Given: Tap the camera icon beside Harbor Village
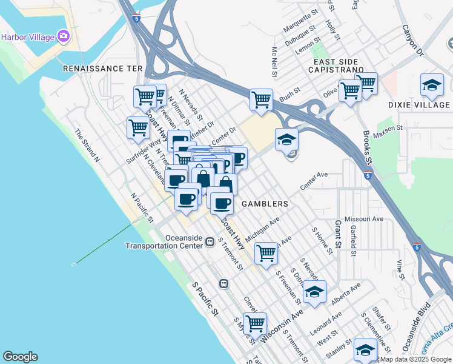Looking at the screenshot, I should [64, 36].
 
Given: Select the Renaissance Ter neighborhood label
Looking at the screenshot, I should [102, 69].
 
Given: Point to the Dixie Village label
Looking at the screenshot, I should [419, 105].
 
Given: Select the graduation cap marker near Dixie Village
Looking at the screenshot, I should [431, 85].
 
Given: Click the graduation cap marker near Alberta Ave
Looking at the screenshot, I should [314, 292].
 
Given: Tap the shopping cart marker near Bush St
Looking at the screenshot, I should [261, 99].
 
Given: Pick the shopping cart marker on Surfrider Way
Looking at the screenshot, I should [139, 129].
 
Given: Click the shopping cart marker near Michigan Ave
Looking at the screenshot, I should [266, 253].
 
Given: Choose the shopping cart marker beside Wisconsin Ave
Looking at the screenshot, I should [255, 323].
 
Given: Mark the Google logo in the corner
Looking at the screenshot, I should [20, 357].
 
